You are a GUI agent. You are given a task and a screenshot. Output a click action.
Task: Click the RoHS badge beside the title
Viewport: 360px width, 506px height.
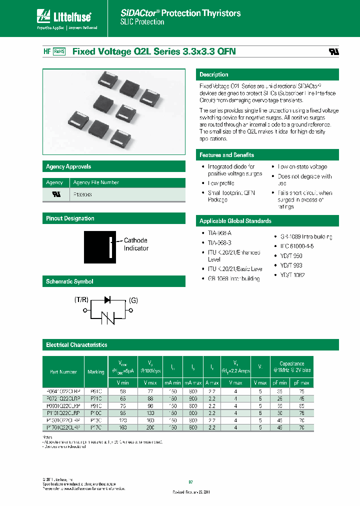click(x=59, y=51)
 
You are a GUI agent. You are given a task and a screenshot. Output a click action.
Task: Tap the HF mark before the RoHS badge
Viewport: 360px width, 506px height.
click(x=47, y=51)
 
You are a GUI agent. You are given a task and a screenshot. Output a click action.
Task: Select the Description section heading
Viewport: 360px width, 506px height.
click(x=213, y=74)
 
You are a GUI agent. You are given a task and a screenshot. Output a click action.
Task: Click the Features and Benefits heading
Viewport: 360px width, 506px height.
click(x=226, y=155)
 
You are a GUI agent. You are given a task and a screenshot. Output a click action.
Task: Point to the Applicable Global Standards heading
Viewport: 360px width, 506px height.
click(x=235, y=221)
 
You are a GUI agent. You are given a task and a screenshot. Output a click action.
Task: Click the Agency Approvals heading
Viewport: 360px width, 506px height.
click(x=68, y=166)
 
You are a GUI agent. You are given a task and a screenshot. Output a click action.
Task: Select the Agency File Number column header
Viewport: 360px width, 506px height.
click(x=96, y=182)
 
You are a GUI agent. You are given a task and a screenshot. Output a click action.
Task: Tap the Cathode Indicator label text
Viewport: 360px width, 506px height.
click(x=136, y=244)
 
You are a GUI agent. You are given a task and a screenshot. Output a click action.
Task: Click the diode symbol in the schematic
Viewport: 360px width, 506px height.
click(x=106, y=299)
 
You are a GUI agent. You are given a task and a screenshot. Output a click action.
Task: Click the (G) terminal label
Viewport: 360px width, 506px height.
click(x=133, y=300)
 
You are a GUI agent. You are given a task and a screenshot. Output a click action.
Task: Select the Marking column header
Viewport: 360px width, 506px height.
click(x=96, y=372)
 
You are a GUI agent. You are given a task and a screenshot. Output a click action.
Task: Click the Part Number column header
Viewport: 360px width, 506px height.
click(x=63, y=372)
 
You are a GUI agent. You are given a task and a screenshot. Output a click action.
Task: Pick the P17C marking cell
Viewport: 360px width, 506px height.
click(x=96, y=427)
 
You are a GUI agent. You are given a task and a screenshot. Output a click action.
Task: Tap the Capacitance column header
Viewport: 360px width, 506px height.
click(x=292, y=367)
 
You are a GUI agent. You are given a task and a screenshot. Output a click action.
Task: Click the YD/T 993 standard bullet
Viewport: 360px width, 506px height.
click(x=291, y=265)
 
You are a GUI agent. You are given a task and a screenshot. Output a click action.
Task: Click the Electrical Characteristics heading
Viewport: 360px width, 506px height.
click(x=76, y=345)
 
